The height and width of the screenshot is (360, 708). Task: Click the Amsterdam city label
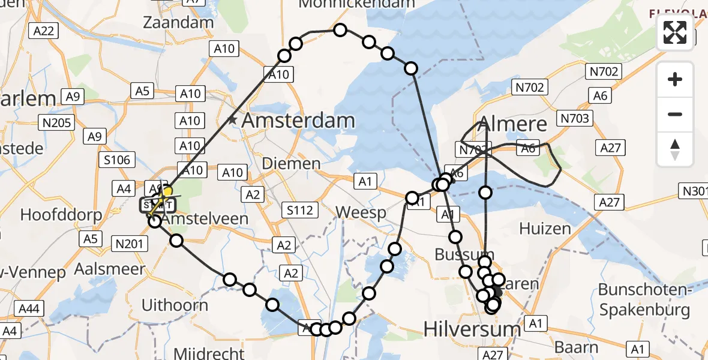coord(298,121)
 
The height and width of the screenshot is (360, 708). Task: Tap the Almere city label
coord(504,124)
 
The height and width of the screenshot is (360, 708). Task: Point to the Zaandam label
coord(178,23)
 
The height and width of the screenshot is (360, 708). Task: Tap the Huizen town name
coord(545,229)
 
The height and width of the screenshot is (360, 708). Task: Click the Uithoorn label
coord(175,305)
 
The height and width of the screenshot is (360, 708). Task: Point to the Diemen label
coord(292,163)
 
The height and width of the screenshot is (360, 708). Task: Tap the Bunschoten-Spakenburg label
coord(644,300)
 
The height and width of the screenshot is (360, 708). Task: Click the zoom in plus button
coord(675,79)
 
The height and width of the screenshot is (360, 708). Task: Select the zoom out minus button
coord(675,114)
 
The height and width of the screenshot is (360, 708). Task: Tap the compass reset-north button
coord(675,149)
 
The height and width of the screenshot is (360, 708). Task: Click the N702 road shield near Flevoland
coord(603,72)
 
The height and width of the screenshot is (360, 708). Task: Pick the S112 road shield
coord(300,210)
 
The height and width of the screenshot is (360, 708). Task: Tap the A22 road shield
coord(44,31)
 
